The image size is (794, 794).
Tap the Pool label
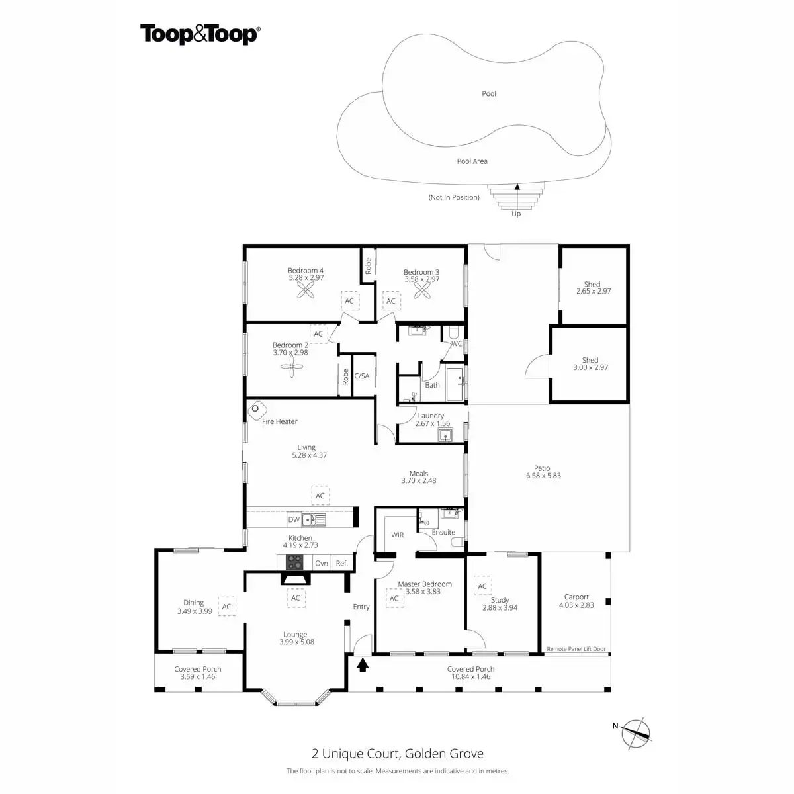(489, 94)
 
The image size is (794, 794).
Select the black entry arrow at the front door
(362, 664)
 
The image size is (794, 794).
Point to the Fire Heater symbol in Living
(256, 410)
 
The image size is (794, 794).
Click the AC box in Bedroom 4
(349, 301)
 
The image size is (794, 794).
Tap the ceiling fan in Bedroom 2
(290, 371)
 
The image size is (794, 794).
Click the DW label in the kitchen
(294, 520)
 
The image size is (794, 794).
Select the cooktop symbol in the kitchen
(294, 562)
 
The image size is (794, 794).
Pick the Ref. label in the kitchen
(342, 564)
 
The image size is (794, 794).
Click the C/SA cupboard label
(362, 376)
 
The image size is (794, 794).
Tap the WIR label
(397, 535)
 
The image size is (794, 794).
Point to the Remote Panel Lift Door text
(576, 650)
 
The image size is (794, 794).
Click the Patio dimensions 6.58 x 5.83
(543, 476)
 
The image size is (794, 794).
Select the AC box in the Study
(482, 586)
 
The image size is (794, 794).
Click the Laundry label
(431, 416)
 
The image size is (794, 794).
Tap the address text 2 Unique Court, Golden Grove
(397, 754)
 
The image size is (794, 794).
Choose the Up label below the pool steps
(516, 214)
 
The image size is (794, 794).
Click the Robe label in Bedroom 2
(345, 377)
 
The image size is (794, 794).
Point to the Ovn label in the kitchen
(322, 564)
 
